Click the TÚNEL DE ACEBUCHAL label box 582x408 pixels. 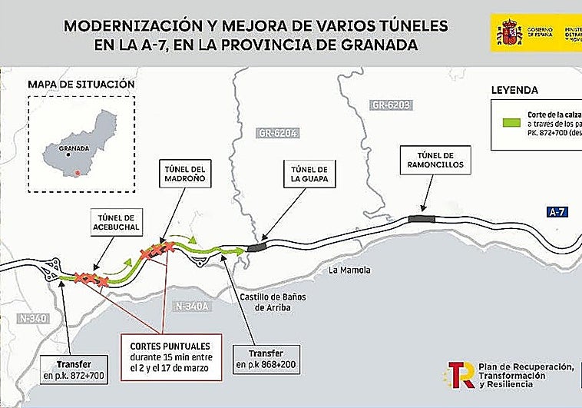coord(117,221)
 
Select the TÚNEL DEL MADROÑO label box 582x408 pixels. coord(184,174)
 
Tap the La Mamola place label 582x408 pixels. coord(349,270)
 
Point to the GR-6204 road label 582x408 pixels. coord(274,133)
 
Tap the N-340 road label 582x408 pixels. coord(32,317)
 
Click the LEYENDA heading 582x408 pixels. coord(514,90)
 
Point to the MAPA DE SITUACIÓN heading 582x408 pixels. coord(81,84)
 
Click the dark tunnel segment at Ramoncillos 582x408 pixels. coord(421,219)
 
